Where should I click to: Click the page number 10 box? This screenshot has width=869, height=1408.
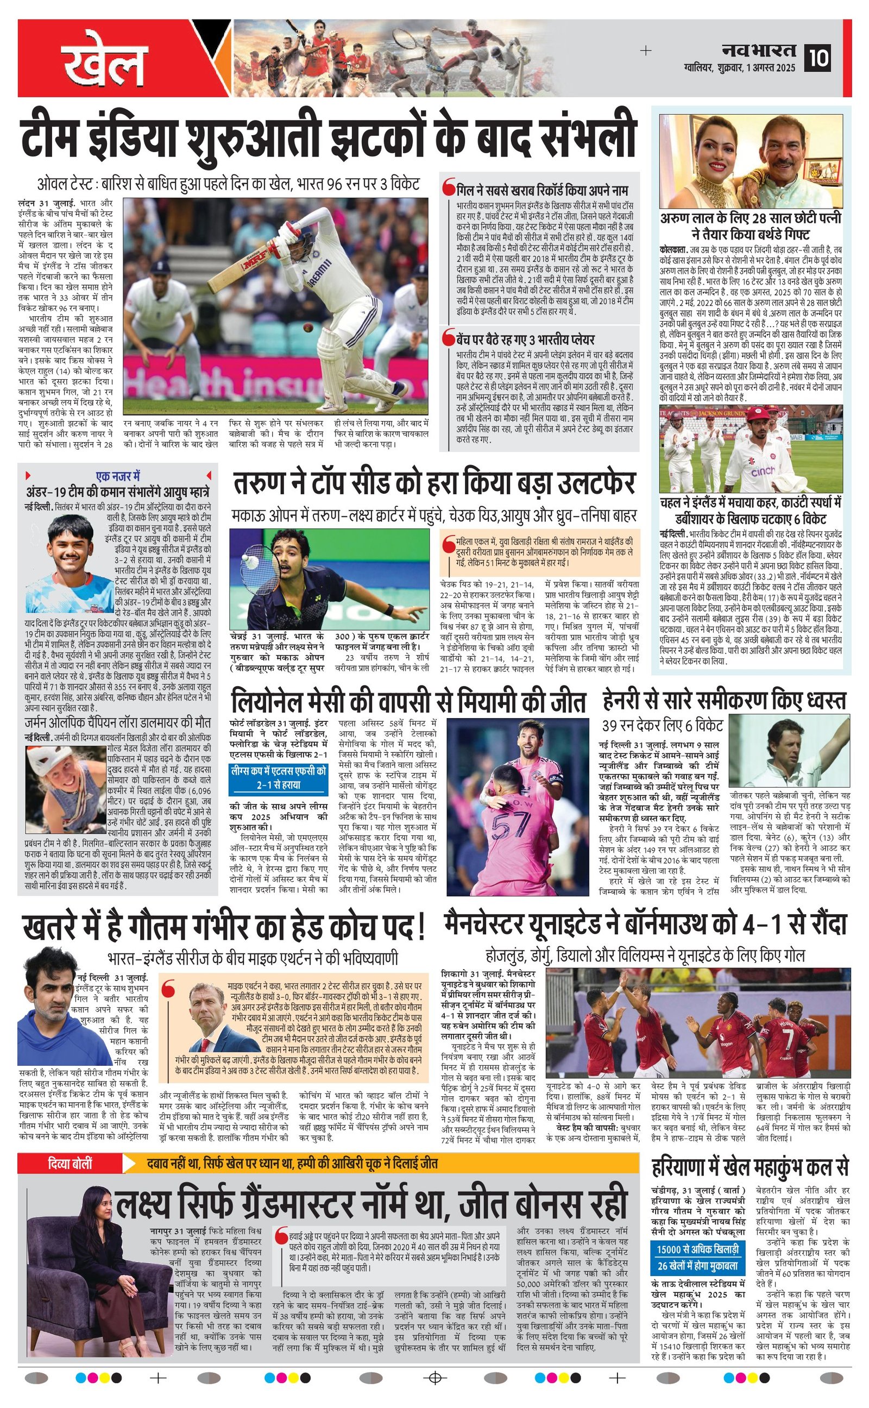pos(817,58)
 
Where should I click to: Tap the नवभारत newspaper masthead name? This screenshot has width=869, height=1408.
pos(758,51)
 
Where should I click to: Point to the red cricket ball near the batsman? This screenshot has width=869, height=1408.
pos(307,328)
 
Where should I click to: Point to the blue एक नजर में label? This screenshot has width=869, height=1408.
pos(117,476)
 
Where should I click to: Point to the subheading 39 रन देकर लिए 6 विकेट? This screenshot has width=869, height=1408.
pos(662,725)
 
